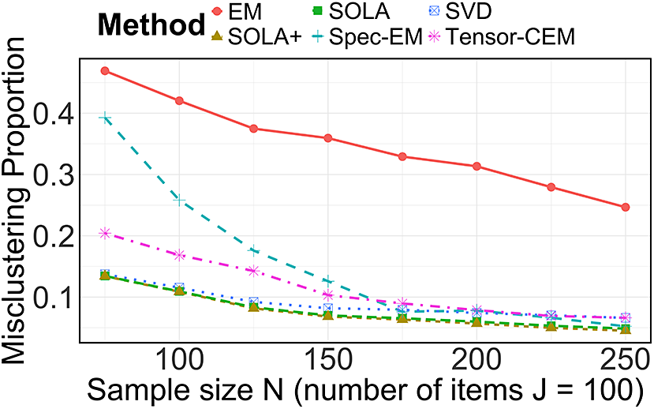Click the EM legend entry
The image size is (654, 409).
click(237, 12)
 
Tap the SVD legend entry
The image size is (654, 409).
click(461, 12)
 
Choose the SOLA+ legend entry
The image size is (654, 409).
click(257, 37)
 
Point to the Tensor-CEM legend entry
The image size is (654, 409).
click(503, 37)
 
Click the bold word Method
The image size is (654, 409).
click(151, 24)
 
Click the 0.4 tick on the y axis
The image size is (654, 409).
click(53, 114)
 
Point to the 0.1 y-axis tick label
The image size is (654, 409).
click(53, 297)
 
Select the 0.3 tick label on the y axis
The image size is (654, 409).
click(53, 174)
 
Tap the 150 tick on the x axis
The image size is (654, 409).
click(328, 360)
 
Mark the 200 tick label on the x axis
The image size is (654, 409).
click(476, 360)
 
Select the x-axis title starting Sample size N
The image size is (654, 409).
click(365, 390)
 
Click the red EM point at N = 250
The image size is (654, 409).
click(626, 208)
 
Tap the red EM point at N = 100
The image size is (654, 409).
click(179, 100)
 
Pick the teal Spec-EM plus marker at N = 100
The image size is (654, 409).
click(179, 201)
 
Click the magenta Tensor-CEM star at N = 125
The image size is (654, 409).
click(253, 272)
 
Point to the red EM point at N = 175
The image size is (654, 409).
click(402, 156)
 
